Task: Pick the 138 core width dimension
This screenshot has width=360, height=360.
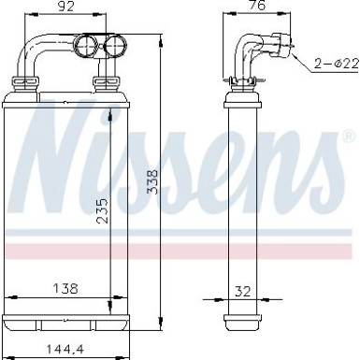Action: tap(64, 288)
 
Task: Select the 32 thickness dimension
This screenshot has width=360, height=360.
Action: tap(243, 291)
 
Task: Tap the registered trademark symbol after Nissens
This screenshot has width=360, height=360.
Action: tap(349, 141)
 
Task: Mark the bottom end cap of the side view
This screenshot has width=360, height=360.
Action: tap(242, 322)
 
